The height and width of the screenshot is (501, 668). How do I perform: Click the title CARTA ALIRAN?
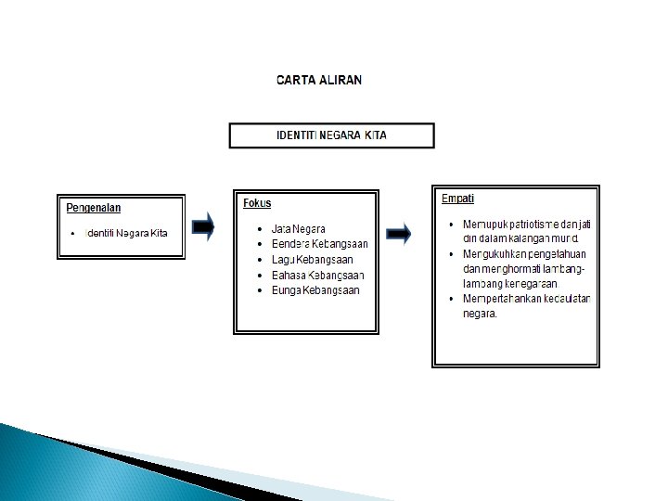pos(319,80)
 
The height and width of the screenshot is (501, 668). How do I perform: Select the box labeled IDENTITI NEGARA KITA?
pos(331,135)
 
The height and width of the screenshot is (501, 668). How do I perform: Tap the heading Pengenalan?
pos(94,208)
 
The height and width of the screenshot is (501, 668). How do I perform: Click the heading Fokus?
pos(257,203)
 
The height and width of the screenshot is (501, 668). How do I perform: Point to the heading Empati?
pos(458,198)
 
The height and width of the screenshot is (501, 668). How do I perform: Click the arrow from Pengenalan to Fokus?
pos(203,226)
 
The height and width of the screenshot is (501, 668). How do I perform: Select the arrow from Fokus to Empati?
pos(399,234)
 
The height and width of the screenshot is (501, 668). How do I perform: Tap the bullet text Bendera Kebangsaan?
pos(319,244)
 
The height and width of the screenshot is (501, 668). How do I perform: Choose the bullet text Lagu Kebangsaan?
pos(312,260)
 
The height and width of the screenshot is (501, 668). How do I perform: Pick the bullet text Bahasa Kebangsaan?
pos(317,276)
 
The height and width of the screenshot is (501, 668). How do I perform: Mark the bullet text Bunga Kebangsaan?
pos(315,290)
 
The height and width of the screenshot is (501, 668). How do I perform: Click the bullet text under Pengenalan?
pos(126,233)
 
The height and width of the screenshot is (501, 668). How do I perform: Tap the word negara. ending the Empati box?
pos(480,314)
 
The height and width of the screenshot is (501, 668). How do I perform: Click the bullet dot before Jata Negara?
pos(260,228)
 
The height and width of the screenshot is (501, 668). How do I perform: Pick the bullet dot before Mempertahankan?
pos(450,299)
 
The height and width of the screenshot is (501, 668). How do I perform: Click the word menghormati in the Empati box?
pos(507,269)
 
